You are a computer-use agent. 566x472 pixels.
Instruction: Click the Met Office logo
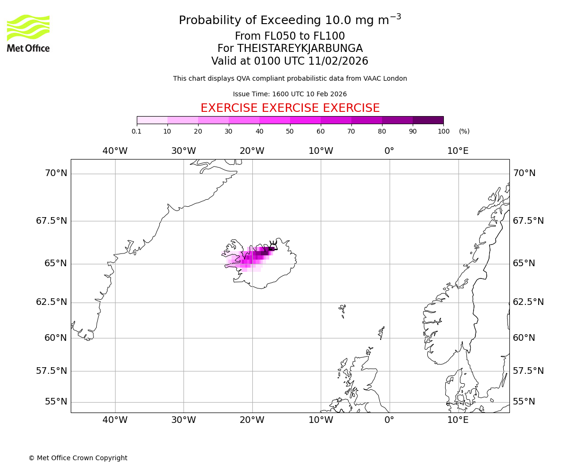(x=28, y=33)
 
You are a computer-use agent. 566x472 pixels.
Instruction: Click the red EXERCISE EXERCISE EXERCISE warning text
(x=290, y=108)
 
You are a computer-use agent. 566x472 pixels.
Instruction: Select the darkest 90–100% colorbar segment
(x=428, y=120)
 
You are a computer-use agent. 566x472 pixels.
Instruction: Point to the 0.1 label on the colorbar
(x=137, y=131)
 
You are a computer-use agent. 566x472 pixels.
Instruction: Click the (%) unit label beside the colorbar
(x=464, y=131)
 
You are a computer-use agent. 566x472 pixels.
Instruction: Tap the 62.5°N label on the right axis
(x=528, y=302)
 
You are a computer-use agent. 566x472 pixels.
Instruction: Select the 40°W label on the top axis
(x=115, y=151)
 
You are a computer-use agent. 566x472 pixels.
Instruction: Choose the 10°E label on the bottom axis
(x=458, y=420)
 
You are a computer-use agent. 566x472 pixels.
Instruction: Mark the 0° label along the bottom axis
(x=389, y=420)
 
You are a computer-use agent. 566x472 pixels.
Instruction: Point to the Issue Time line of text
(x=290, y=94)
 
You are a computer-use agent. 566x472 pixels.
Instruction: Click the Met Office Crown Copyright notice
(x=78, y=458)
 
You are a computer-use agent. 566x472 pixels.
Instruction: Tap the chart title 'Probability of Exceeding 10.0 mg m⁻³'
(x=290, y=20)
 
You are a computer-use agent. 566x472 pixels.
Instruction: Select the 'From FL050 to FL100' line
(x=290, y=36)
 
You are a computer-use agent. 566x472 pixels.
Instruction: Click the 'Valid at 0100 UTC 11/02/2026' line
(x=290, y=61)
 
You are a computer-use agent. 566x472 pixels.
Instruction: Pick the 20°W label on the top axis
(x=252, y=151)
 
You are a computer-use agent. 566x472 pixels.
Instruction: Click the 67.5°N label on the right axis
(x=528, y=221)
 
